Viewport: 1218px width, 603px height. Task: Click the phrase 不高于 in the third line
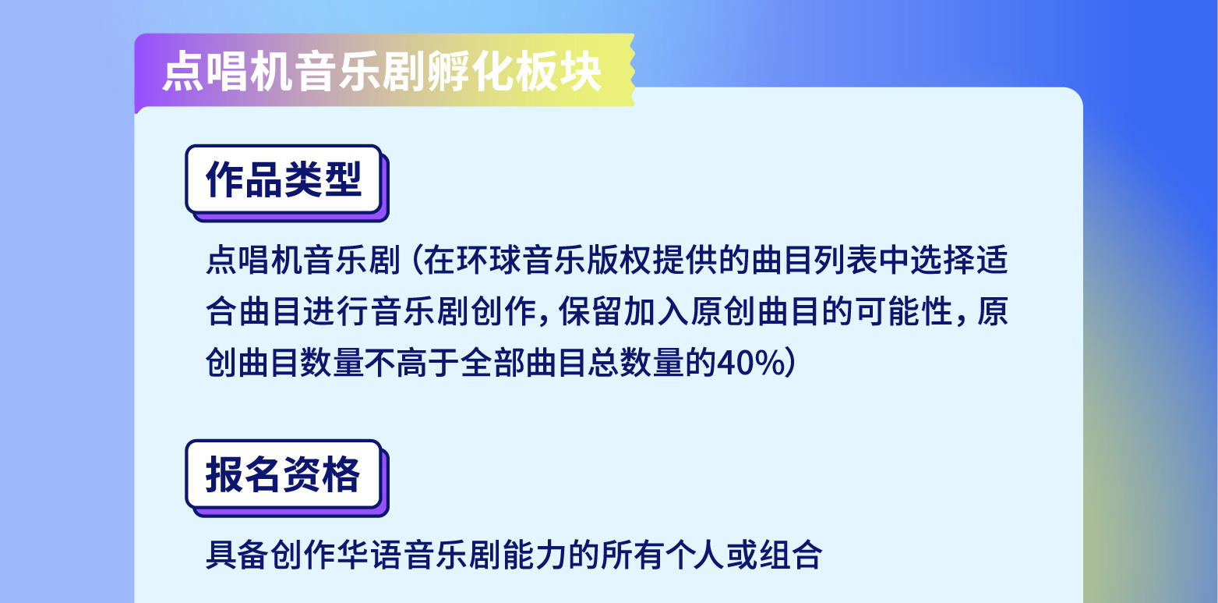click(x=411, y=363)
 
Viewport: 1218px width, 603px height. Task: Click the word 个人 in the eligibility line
click(x=692, y=555)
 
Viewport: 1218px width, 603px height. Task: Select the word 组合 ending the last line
click(x=789, y=555)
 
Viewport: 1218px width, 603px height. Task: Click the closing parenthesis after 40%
click(x=790, y=363)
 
